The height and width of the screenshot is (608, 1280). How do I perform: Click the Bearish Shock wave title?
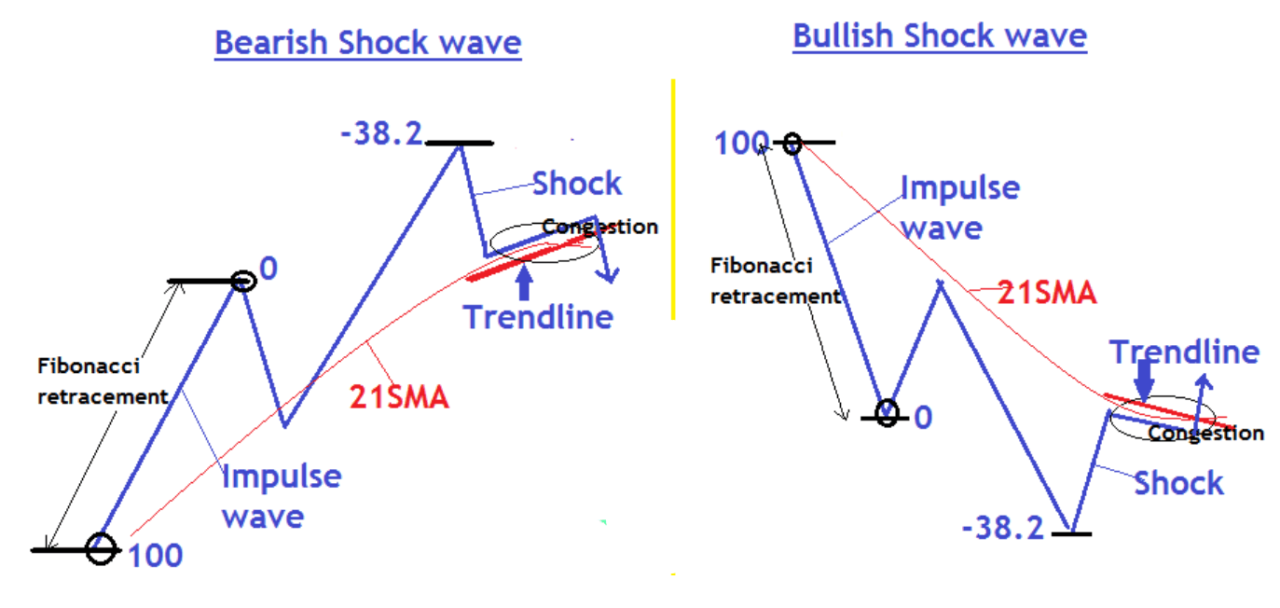click(x=367, y=43)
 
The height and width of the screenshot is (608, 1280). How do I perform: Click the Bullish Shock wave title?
click(x=940, y=36)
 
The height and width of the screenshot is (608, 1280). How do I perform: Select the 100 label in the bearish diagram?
click(x=155, y=556)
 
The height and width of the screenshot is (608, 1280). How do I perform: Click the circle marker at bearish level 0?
click(x=242, y=280)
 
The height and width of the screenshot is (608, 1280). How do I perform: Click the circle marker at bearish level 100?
click(x=101, y=549)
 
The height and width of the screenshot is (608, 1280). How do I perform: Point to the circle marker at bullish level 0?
click(x=887, y=413)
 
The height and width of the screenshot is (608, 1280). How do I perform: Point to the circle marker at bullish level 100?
click(x=791, y=144)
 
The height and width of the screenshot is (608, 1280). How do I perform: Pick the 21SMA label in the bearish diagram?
click(x=399, y=398)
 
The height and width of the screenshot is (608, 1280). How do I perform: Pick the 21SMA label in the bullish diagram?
click(x=1046, y=293)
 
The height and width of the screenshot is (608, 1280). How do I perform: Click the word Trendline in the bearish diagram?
click(x=539, y=317)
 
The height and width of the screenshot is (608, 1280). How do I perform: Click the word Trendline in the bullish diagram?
click(x=1184, y=352)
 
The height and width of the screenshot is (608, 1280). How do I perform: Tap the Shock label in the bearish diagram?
click(x=576, y=184)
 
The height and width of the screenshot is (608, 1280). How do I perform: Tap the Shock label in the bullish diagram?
click(x=1178, y=483)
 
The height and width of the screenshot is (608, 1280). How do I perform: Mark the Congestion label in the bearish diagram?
click(x=599, y=227)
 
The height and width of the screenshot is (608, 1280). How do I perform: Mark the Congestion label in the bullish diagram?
click(x=1205, y=434)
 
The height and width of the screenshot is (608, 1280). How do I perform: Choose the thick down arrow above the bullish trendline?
click(x=1145, y=380)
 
